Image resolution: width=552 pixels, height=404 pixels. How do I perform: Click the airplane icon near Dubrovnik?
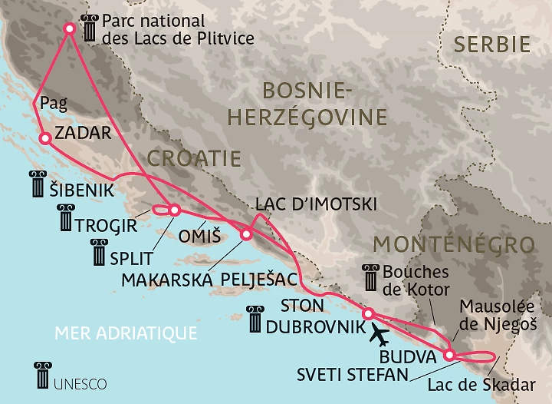point(378,334)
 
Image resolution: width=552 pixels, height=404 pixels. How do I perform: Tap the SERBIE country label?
point(491,44)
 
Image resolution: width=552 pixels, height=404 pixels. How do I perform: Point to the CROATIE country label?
point(193,159)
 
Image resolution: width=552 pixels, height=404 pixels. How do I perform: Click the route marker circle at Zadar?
point(44,139)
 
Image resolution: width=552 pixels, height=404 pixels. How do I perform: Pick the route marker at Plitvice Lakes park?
point(69,28)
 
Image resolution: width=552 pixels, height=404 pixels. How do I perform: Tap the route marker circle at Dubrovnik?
point(368,313)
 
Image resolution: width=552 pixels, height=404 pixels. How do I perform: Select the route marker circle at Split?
point(174,210)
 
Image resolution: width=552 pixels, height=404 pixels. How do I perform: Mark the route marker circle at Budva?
point(449,355)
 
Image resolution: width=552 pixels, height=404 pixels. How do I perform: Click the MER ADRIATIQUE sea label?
point(127,333)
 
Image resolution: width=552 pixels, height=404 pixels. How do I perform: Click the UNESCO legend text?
point(80,381)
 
